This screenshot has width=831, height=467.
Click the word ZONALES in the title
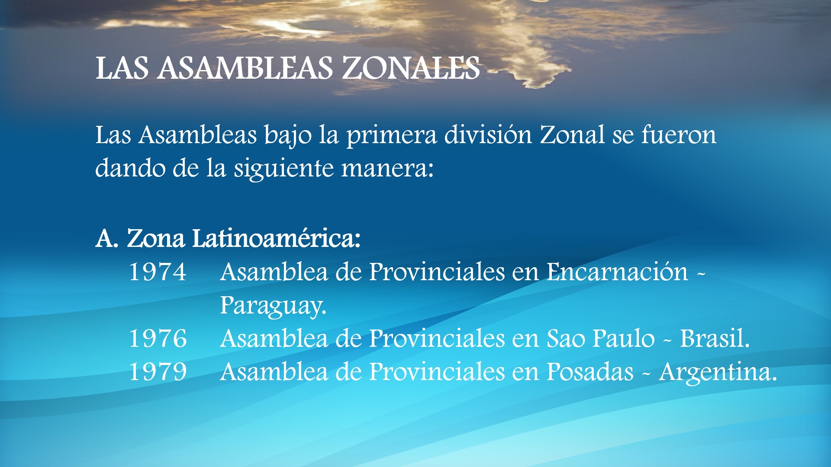click(x=411, y=68)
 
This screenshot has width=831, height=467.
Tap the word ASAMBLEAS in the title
click(x=245, y=68)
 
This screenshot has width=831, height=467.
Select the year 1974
click(x=158, y=272)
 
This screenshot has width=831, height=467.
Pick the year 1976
click(x=158, y=339)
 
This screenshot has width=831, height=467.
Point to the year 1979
click(x=158, y=372)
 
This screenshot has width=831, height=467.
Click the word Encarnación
click(x=617, y=272)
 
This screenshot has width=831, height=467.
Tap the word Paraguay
click(x=273, y=307)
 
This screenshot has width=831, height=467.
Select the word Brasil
click(x=715, y=338)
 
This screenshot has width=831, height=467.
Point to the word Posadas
click(x=590, y=372)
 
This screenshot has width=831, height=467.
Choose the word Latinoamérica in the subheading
click(x=276, y=238)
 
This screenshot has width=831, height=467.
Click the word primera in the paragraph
click(x=391, y=136)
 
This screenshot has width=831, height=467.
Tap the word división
click(x=488, y=135)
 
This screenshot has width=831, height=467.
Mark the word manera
click(x=387, y=169)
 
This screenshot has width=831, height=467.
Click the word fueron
click(x=679, y=135)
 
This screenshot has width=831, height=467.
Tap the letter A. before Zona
click(x=107, y=238)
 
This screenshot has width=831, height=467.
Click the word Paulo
click(x=623, y=338)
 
